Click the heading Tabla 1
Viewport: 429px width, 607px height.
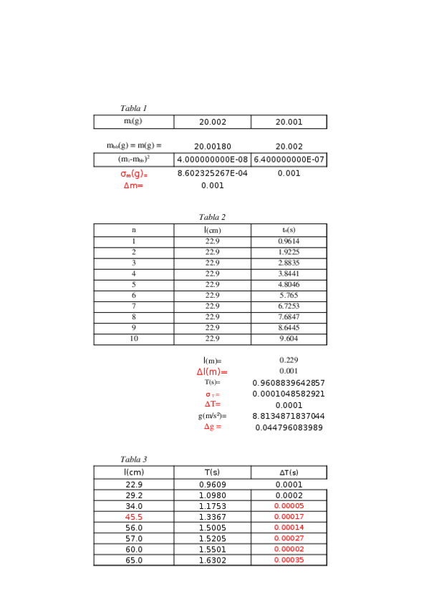pos(133,109)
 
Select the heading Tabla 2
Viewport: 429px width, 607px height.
pos(212,218)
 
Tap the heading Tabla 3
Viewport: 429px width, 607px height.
pos(133,460)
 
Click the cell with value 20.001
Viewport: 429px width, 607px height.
pos(289,122)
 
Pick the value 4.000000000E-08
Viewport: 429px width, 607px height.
pos(212,160)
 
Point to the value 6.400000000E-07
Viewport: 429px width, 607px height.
pos(289,160)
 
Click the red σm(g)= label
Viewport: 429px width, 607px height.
pos(133,174)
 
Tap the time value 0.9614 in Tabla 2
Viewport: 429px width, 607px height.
pos(289,241)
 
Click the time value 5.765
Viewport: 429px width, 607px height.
pos(289,295)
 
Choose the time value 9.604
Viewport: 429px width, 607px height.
pos(289,339)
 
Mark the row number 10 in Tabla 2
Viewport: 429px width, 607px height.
pos(133,339)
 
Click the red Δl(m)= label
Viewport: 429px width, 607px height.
pos(212,372)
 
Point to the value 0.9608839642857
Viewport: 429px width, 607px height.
pos(289,383)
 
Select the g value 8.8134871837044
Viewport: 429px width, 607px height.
pos(289,416)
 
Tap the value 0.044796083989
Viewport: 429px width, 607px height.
pos(289,427)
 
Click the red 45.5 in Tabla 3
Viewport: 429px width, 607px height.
pos(133,517)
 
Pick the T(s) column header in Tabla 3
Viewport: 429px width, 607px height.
pos(212,472)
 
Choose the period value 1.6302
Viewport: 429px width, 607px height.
pos(212,560)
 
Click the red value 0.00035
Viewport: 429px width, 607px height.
pos(289,560)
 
